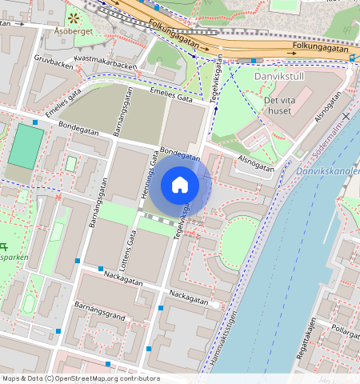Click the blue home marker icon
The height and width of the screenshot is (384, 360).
(180, 185)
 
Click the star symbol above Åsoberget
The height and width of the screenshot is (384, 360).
(74, 16)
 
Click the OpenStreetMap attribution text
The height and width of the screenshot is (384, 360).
(80, 378)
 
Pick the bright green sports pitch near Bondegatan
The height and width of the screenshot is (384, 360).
(26, 146)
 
